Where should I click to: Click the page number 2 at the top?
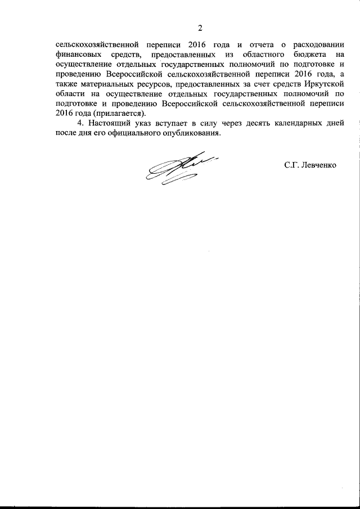(x=199, y=28)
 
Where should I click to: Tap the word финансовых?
(x=79, y=55)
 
